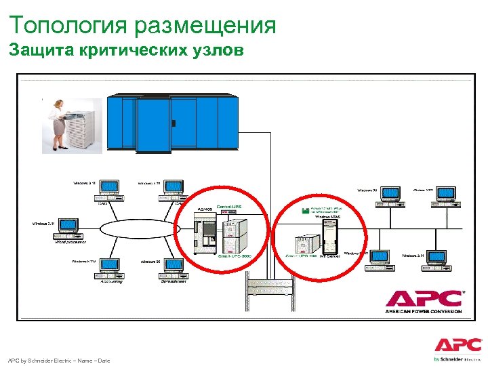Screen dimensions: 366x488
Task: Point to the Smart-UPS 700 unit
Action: (x=303, y=244)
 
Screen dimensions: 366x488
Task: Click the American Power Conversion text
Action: (x=424, y=311)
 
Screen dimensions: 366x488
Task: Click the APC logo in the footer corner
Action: (x=458, y=345)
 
